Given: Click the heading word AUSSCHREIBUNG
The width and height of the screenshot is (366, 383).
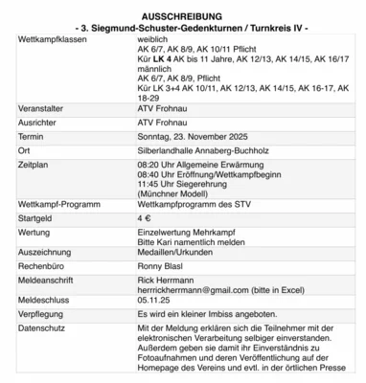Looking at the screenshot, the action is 181,17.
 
